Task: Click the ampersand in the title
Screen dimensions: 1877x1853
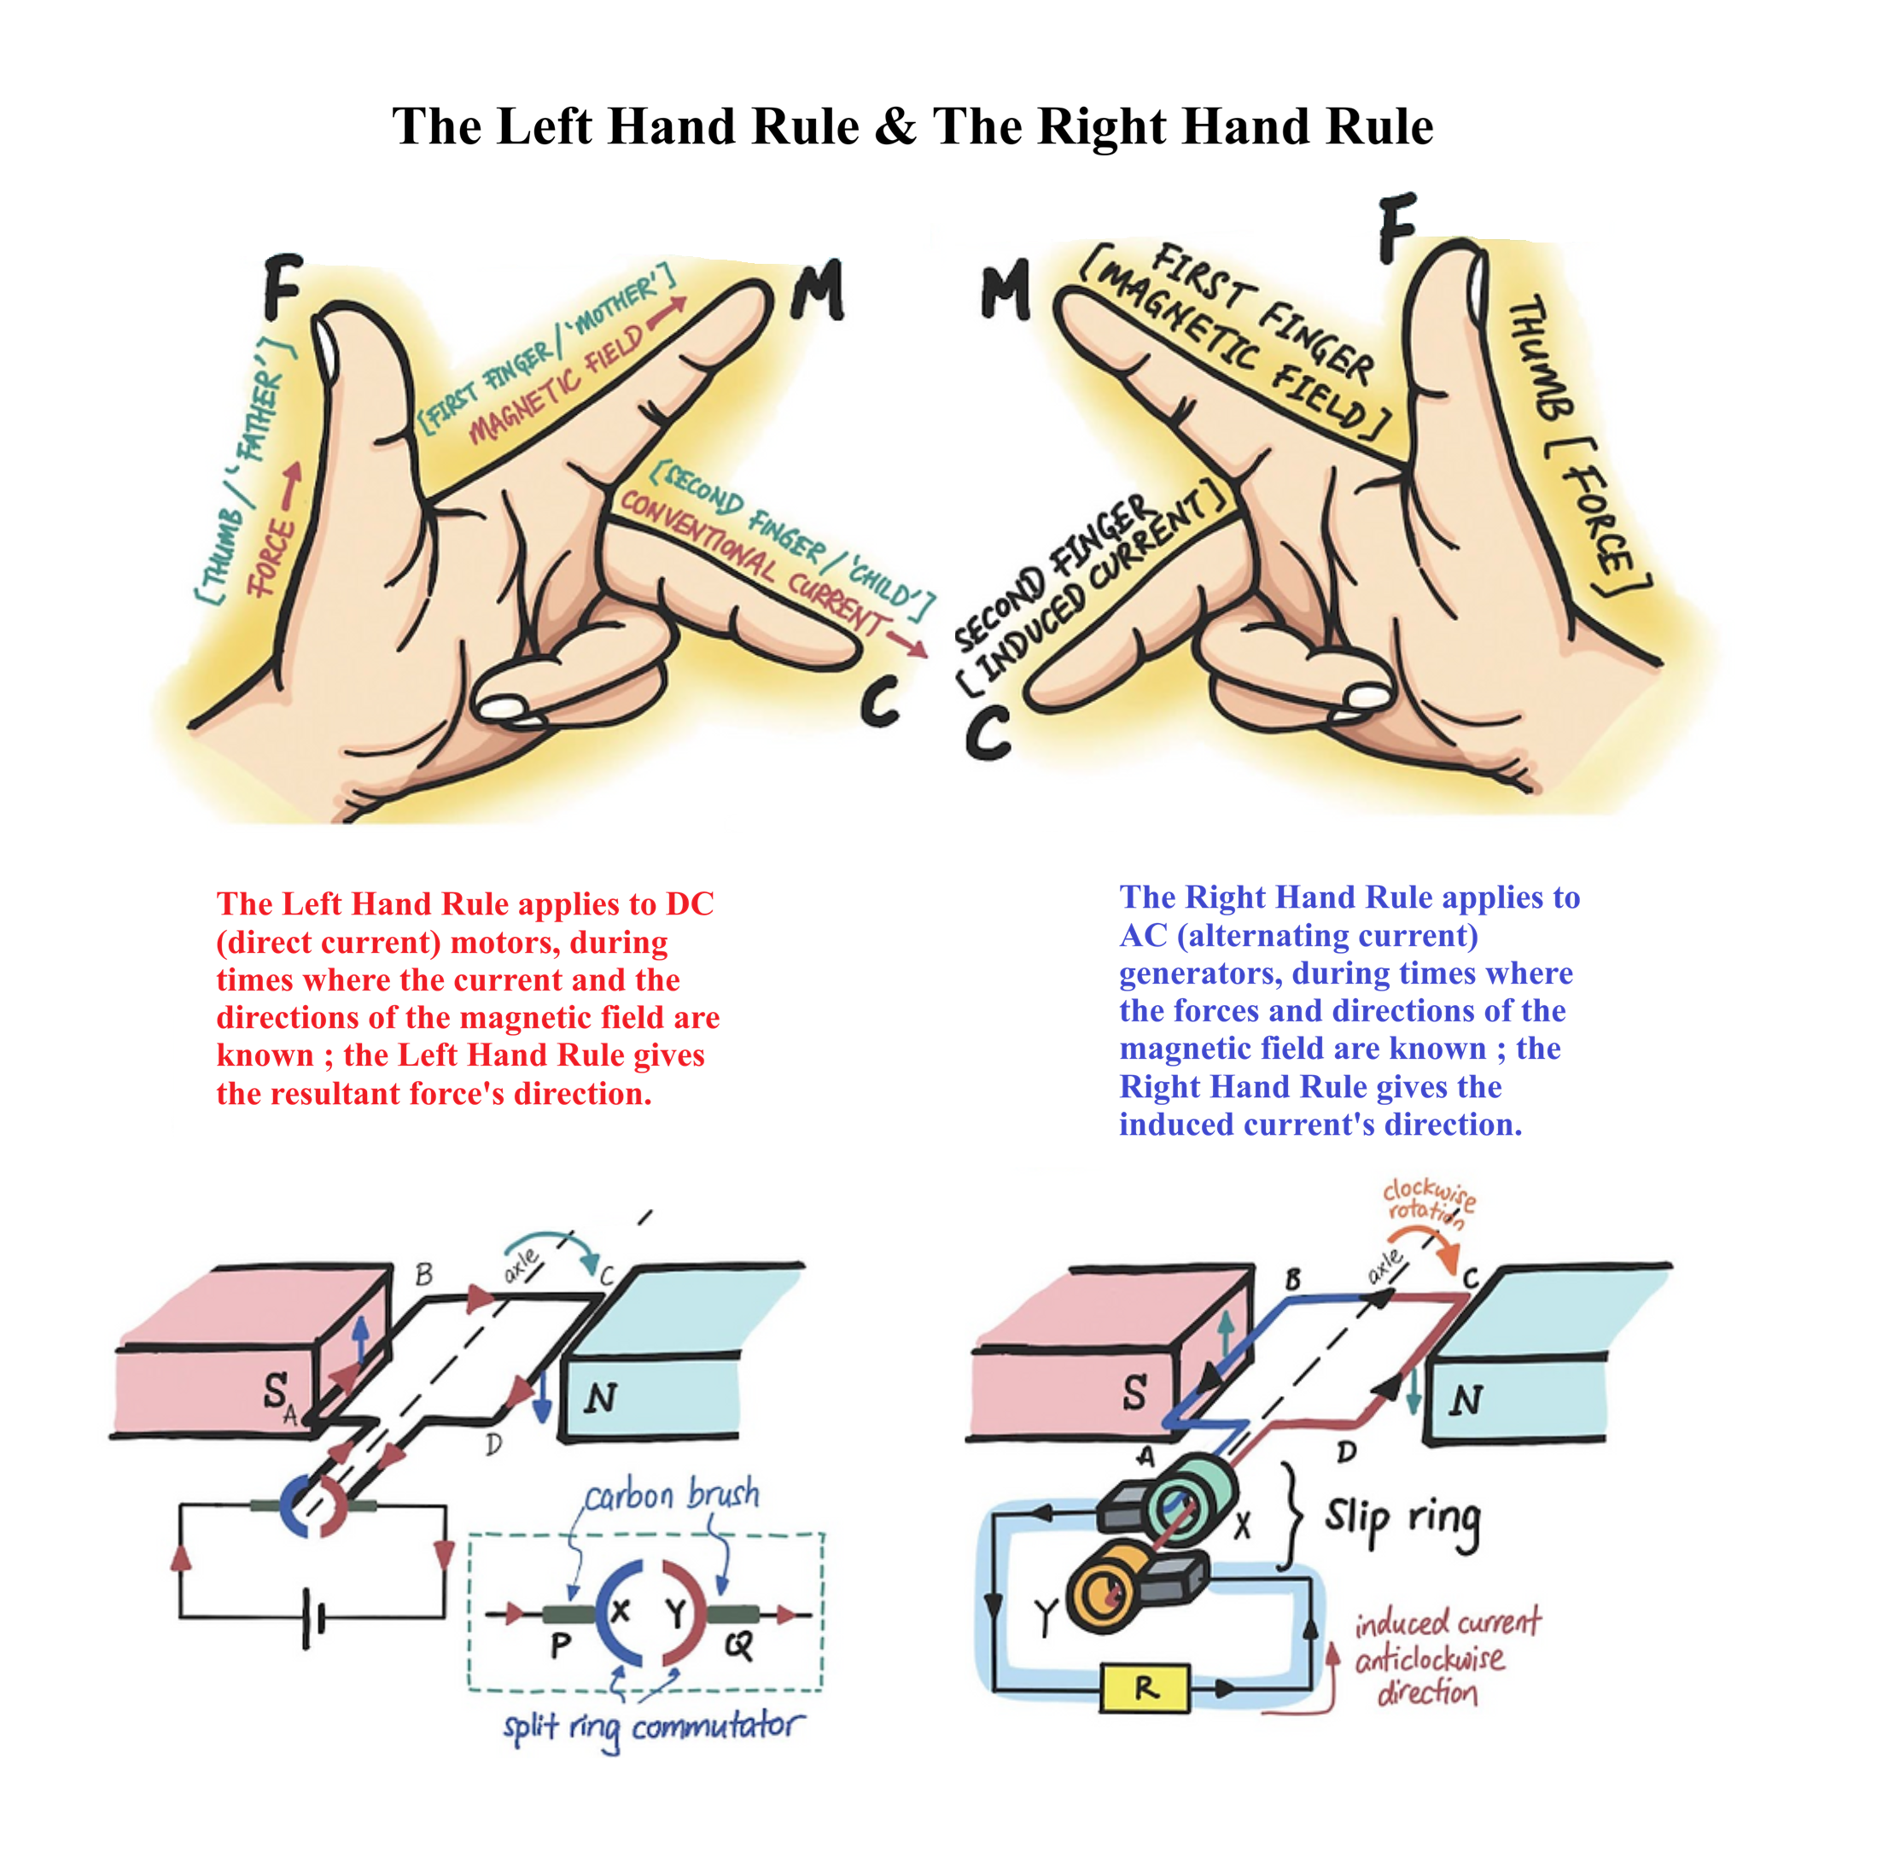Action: pos(895,126)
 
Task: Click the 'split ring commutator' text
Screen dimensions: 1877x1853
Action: pos(653,1727)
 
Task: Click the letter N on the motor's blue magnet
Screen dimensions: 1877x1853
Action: pos(600,1397)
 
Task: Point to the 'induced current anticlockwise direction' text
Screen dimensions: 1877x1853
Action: pos(1446,1657)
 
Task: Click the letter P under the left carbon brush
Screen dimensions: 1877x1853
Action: pos(561,1646)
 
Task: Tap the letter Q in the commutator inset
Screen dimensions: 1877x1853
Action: pos(738,1645)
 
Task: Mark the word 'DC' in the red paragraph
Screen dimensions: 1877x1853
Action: pos(689,903)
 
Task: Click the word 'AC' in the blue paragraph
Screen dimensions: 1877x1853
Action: pos(1143,935)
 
